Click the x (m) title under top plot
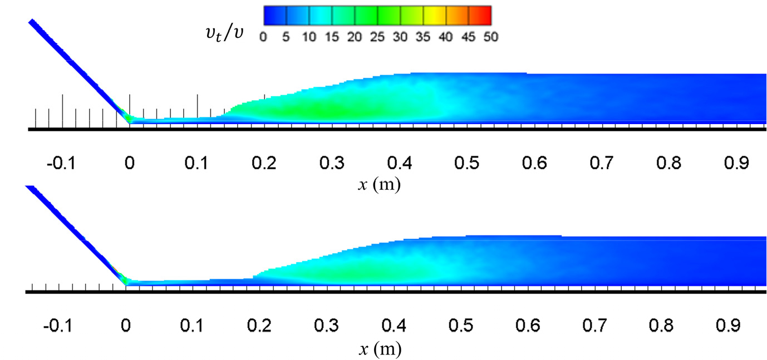click(379, 184)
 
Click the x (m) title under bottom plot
click(379, 349)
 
